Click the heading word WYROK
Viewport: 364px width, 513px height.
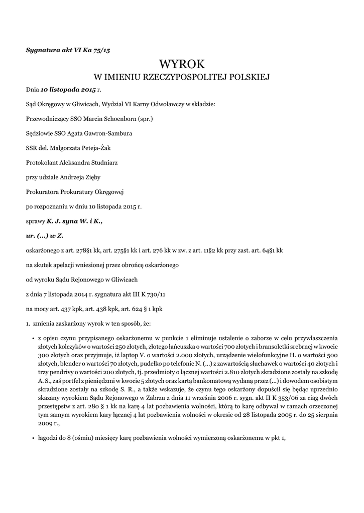pyautogui.click(x=182, y=64)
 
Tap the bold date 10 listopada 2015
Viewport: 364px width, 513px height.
pyautogui.click(x=68, y=90)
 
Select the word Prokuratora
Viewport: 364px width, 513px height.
pyautogui.click(x=44, y=191)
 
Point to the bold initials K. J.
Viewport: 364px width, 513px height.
pyautogui.click(x=54, y=220)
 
